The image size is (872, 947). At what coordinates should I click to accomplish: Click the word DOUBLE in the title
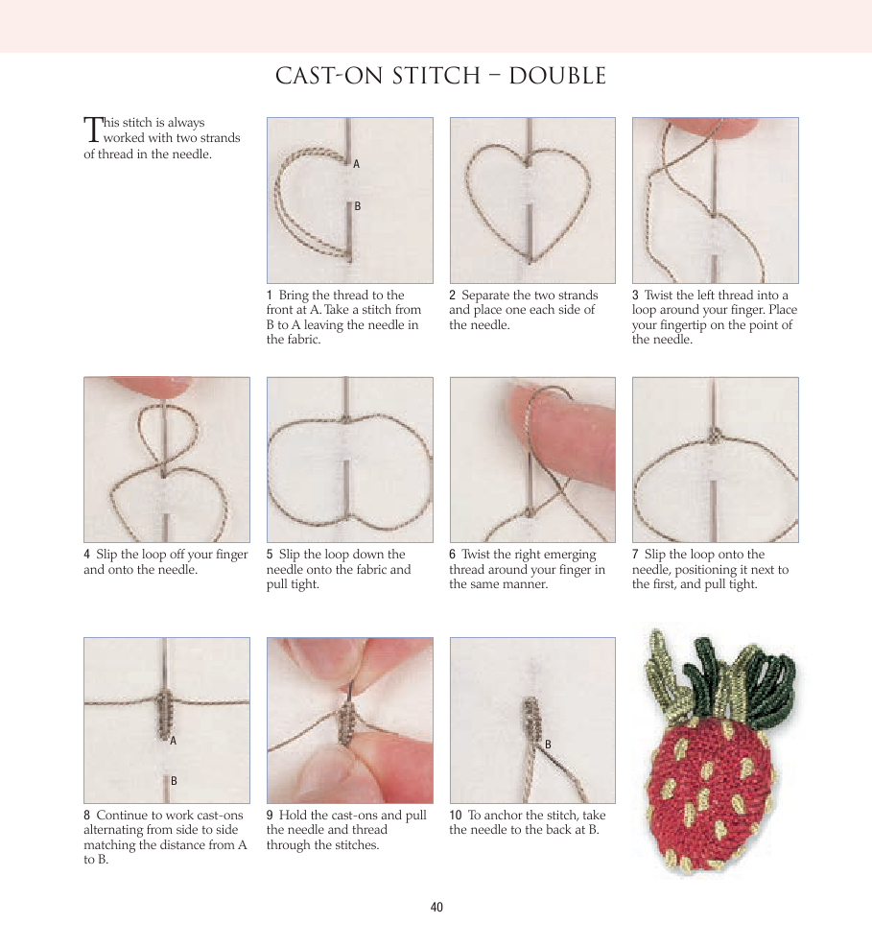pos(557,76)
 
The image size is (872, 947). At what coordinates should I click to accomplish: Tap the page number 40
pos(436,907)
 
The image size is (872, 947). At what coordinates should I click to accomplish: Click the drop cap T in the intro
pos(92,130)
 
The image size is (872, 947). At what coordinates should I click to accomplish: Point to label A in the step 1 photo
pos(356,164)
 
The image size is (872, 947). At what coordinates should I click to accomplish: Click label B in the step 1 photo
pos(358,206)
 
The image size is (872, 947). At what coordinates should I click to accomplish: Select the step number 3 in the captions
pos(635,296)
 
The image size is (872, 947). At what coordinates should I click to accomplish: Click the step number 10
pos(456,816)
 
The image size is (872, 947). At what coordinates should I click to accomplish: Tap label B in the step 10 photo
pos(548,745)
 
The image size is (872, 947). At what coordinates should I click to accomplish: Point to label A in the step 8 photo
pos(174,741)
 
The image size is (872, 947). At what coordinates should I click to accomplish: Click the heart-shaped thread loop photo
pos(532,201)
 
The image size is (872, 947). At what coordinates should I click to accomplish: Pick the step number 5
pos(270,555)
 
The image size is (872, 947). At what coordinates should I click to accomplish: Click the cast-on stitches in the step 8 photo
pos(165,715)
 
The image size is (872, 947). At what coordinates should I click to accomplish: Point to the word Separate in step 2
pos(485,296)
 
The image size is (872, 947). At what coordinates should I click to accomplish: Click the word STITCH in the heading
pos(436,76)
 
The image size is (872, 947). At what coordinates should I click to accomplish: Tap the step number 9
pos(270,816)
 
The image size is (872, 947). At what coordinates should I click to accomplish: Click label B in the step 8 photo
pos(174,781)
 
